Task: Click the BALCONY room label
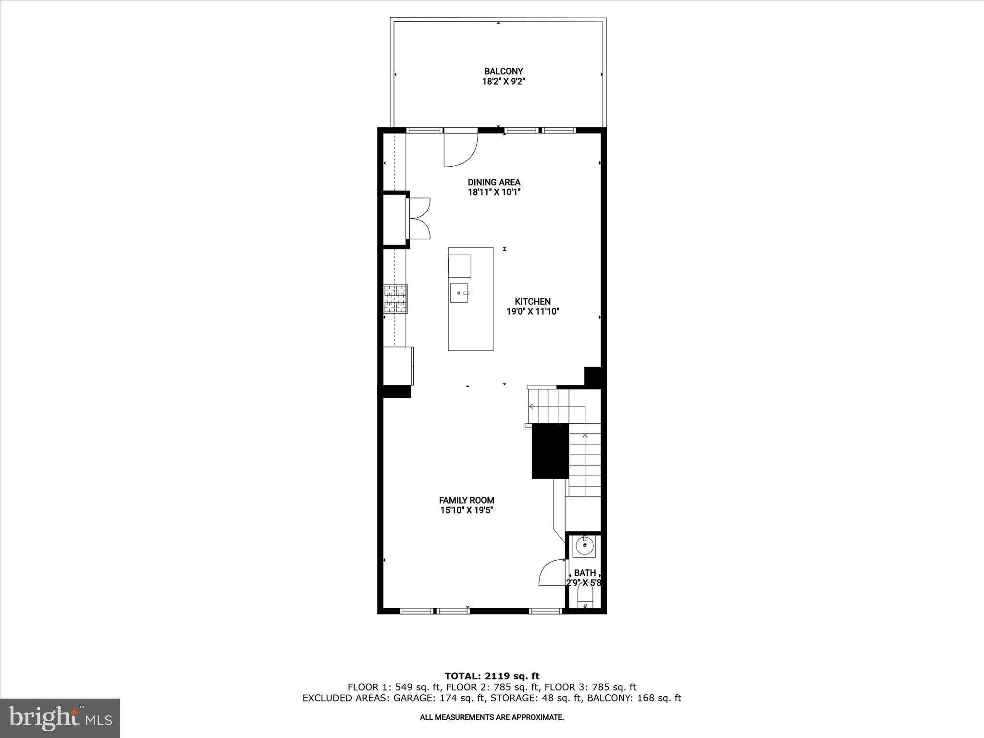click(x=503, y=72)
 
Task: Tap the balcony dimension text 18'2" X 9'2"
click(x=503, y=82)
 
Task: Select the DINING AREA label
click(x=494, y=182)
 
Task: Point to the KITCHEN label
click(x=532, y=301)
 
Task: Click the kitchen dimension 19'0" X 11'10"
click(x=533, y=311)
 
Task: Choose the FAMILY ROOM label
click(x=466, y=500)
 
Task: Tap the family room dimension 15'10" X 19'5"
click(x=467, y=510)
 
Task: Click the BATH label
click(x=585, y=573)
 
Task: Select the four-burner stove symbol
click(x=395, y=299)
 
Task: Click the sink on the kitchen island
click(x=460, y=293)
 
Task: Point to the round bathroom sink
click(x=584, y=545)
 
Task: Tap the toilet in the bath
click(x=585, y=601)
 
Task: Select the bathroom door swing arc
click(x=551, y=573)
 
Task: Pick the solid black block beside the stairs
click(x=550, y=451)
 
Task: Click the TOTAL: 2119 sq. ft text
click(x=492, y=676)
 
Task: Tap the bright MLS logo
click(x=60, y=718)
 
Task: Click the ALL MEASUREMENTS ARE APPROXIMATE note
click(x=492, y=717)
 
